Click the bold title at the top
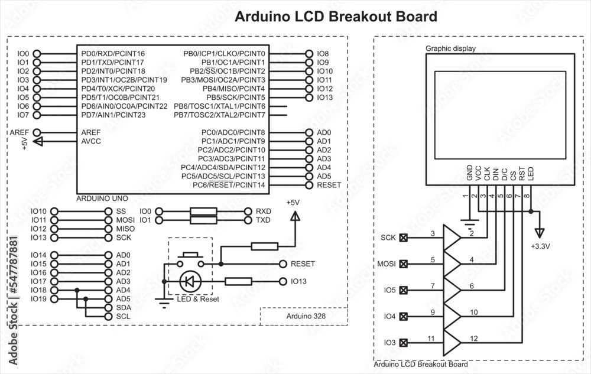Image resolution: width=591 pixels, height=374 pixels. point(336,17)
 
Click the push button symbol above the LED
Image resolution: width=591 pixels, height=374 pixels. point(190,257)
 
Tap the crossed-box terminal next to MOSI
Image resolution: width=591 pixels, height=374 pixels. point(404,264)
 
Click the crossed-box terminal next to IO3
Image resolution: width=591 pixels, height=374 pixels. point(404,343)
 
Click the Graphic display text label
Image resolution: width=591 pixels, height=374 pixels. point(450,48)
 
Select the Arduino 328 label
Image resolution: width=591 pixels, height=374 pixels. point(304,316)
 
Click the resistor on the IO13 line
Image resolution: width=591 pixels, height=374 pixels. point(239,282)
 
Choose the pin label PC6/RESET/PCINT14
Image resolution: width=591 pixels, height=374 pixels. point(229,185)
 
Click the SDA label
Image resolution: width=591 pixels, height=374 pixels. point(124,308)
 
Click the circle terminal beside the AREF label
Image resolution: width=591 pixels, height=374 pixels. point(37,133)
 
